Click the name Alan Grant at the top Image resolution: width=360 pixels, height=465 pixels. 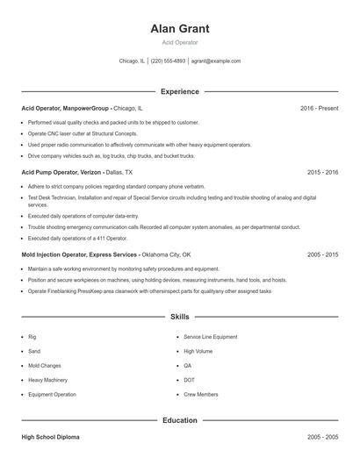pyautogui.click(x=179, y=29)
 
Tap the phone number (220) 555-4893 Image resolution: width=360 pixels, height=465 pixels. pyautogui.click(x=168, y=61)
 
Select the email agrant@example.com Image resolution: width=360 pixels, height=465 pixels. pyautogui.click(x=215, y=61)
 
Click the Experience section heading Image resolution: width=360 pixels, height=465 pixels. pyautogui.click(x=179, y=91)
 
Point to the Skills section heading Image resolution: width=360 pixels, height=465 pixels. pyautogui.click(x=179, y=317)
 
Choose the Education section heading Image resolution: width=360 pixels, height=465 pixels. pyautogui.click(x=179, y=420)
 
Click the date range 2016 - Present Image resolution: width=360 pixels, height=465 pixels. pyautogui.click(x=319, y=108)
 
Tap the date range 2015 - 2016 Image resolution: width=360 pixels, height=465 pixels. pyautogui.click(x=322, y=173)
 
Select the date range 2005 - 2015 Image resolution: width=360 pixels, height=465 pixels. pyautogui.click(x=322, y=254)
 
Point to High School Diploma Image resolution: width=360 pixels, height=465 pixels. pyautogui.click(x=51, y=436)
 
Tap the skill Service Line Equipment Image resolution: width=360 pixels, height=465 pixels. pyautogui.click(x=210, y=337)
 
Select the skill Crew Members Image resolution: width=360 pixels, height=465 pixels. pyautogui.click(x=201, y=395)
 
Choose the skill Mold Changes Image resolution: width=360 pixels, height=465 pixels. pyautogui.click(x=45, y=366)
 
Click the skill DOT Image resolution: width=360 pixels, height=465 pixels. pyautogui.click(x=189, y=380)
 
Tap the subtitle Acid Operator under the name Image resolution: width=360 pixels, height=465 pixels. pyautogui.click(x=179, y=43)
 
